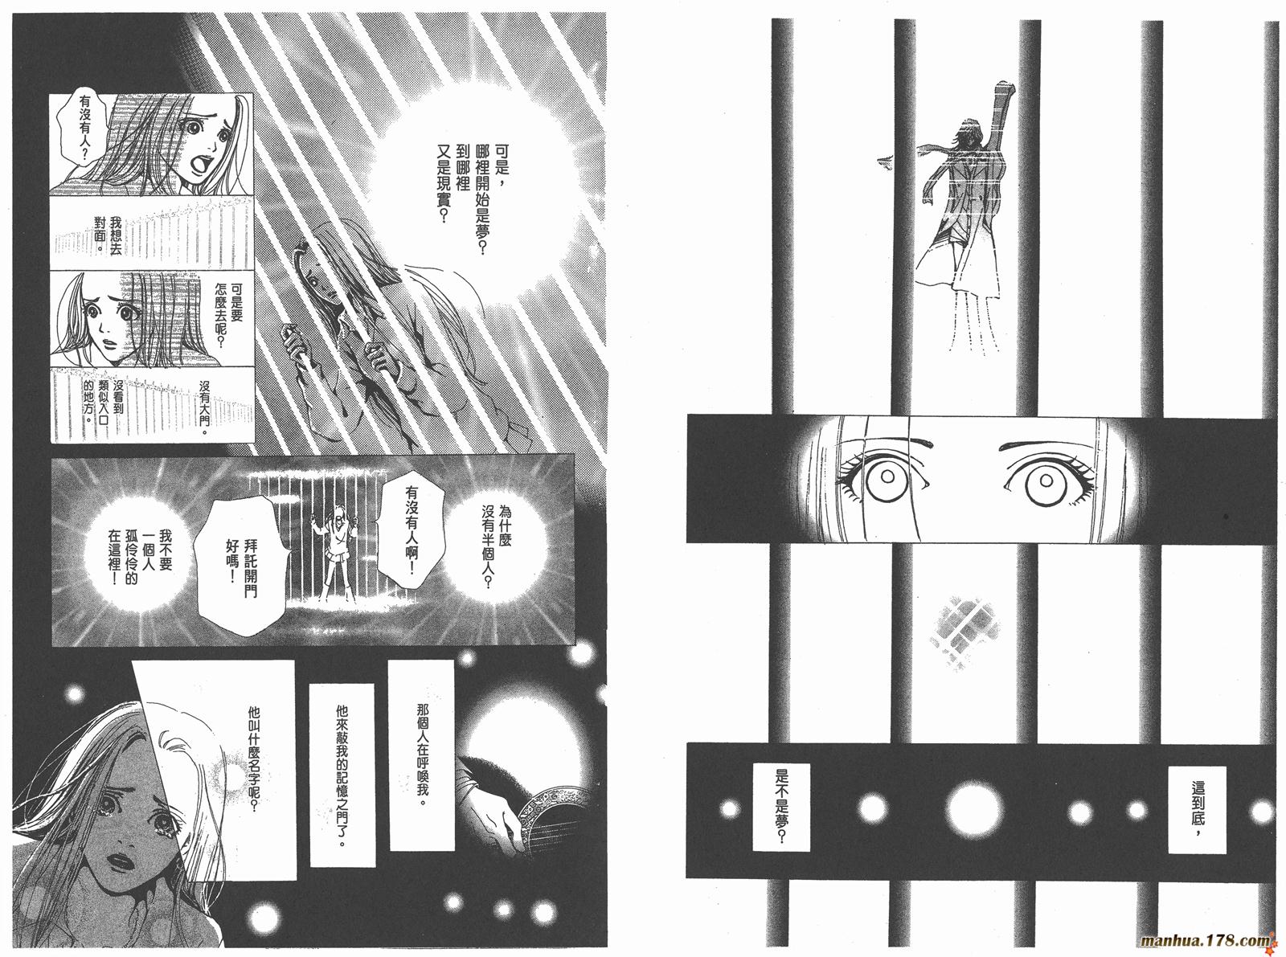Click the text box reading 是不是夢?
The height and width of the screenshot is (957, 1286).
[x=780, y=806]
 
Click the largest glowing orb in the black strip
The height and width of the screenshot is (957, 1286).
[x=974, y=808]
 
